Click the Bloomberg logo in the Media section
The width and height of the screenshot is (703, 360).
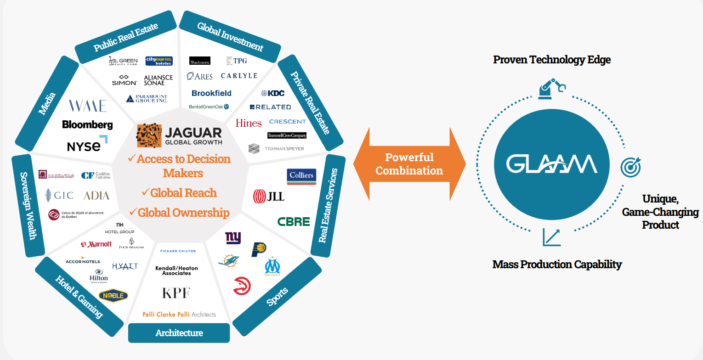click(87, 124)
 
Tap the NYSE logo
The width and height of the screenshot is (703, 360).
click(87, 145)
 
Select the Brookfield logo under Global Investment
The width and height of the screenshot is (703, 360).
click(211, 93)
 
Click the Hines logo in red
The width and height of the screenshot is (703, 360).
click(249, 123)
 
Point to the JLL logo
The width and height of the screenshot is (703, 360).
click(269, 197)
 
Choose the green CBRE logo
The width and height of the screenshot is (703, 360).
click(294, 221)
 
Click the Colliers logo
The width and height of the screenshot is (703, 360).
click(301, 176)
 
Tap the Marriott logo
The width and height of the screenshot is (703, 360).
click(96, 244)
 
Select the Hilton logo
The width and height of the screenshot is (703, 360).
click(99, 276)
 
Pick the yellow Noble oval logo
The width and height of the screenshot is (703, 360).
click(113, 295)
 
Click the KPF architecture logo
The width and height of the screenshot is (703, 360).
click(176, 293)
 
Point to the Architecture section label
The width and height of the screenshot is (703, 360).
click(179, 333)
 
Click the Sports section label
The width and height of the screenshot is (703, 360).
click(278, 297)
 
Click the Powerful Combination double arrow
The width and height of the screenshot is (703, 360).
click(409, 164)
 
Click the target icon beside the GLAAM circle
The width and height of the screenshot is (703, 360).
click(630, 167)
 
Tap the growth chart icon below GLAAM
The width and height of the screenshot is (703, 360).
click(551, 237)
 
